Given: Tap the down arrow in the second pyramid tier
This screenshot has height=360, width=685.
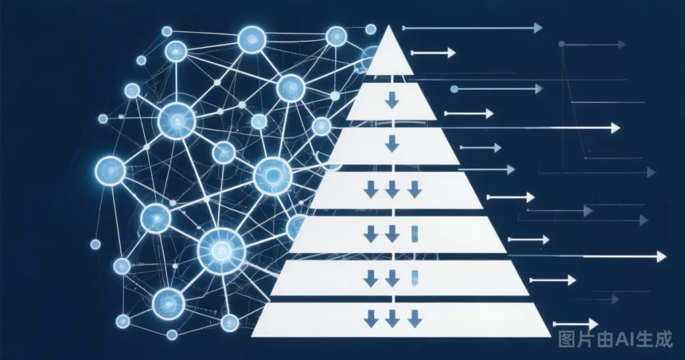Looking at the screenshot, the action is [x=392, y=102].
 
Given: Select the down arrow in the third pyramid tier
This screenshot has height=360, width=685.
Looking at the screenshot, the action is [x=392, y=144].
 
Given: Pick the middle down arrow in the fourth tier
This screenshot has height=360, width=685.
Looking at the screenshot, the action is [x=392, y=190].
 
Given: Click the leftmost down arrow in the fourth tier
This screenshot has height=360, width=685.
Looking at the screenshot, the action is [x=371, y=190].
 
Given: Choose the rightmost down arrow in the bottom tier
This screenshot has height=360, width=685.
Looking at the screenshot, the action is [x=415, y=319].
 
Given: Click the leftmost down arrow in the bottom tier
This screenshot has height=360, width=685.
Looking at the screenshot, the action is [x=371, y=319].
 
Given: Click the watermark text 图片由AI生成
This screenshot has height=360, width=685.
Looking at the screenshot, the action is [x=615, y=339].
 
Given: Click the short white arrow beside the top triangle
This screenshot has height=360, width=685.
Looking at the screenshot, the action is [x=433, y=53].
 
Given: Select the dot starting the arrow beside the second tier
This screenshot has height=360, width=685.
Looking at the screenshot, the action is [x=454, y=89].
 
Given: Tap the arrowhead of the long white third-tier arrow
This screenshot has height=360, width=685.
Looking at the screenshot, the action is [x=615, y=128].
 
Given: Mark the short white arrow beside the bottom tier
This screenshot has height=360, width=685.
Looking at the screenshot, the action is [x=575, y=324].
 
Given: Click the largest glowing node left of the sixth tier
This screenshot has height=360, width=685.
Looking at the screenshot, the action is [x=221, y=250].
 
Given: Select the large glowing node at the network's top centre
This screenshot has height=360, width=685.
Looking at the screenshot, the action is [x=252, y=39].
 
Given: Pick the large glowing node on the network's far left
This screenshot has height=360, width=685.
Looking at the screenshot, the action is [x=110, y=171].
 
